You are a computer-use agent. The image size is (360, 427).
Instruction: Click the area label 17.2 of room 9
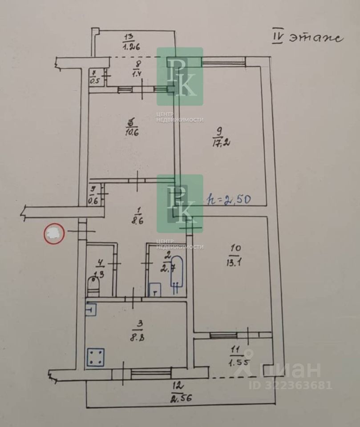218,143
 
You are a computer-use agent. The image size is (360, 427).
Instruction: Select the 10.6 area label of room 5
130,132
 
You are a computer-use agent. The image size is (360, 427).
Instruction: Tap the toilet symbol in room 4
93,285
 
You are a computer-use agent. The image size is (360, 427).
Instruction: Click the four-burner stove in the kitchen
96,357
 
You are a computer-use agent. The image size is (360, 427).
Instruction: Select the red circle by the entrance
54,234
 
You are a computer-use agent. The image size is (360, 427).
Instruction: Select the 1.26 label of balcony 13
130,44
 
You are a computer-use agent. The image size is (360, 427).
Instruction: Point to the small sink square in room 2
154,290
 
